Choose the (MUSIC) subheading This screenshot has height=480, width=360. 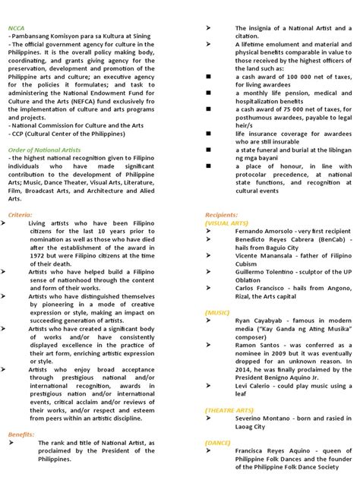[219, 312]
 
